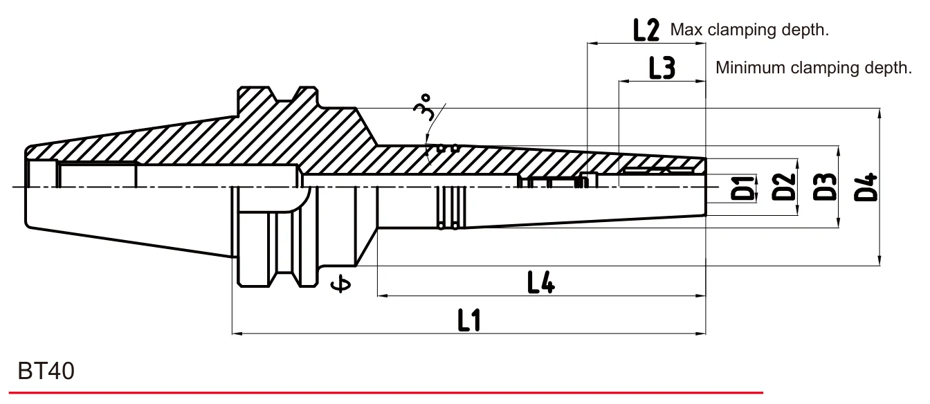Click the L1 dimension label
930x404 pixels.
pyautogui.click(x=469, y=320)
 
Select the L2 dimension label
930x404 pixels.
pyautogui.click(x=646, y=30)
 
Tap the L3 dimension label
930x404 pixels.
pyautogui.click(x=662, y=68)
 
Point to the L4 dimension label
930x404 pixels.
pyautogui.click(x=541, y=282)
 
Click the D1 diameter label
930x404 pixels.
pyautogui.click(x=742, y=188)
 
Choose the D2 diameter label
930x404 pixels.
pyautogui.click(x=783, y=187)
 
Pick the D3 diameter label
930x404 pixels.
pyautogui.click(x=825, y=187)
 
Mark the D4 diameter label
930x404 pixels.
pyautogui.click(x=865, y=187)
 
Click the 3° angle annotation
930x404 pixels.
pyautogui.click(x=422, y=107)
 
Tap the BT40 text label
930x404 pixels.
pyautogui.click(x=46, y=371)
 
